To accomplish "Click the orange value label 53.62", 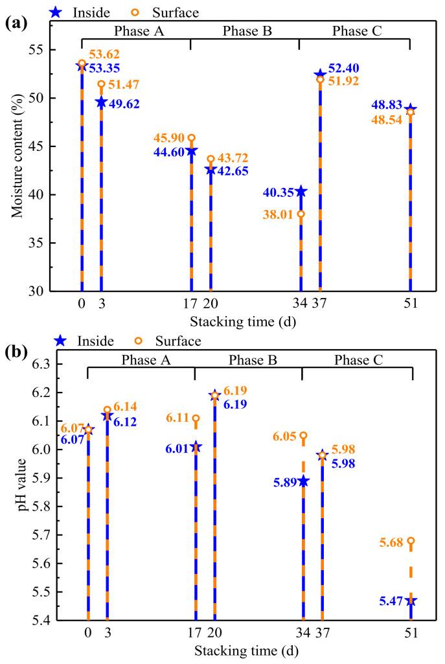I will (x=104, y=54).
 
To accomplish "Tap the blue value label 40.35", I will (x=279, y=192).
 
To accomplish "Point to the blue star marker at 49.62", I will (x=101, y=102).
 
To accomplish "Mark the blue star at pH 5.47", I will (x=410, y=601).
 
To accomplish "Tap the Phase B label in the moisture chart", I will (x=245, y=30).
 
